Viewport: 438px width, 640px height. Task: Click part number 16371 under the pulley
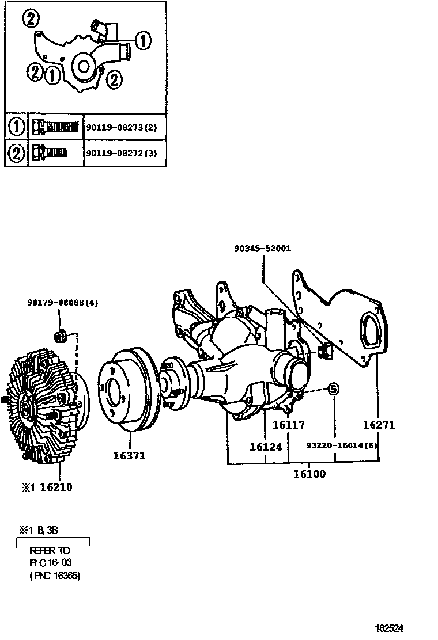coord(129,456)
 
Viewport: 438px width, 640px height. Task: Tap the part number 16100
coord(309,474)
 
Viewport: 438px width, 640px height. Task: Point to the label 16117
coord(288,425)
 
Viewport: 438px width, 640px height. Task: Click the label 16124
coord(266,447)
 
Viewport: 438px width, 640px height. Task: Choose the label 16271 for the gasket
coord(379,425)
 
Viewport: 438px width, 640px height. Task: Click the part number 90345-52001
coord(262,249)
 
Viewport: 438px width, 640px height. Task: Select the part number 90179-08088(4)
coord(62,303)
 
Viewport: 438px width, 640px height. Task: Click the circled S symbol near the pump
coord(333,389)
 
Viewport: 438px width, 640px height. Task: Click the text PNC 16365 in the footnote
coord(55,575)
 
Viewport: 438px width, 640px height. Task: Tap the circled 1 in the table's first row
coord(16,126)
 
